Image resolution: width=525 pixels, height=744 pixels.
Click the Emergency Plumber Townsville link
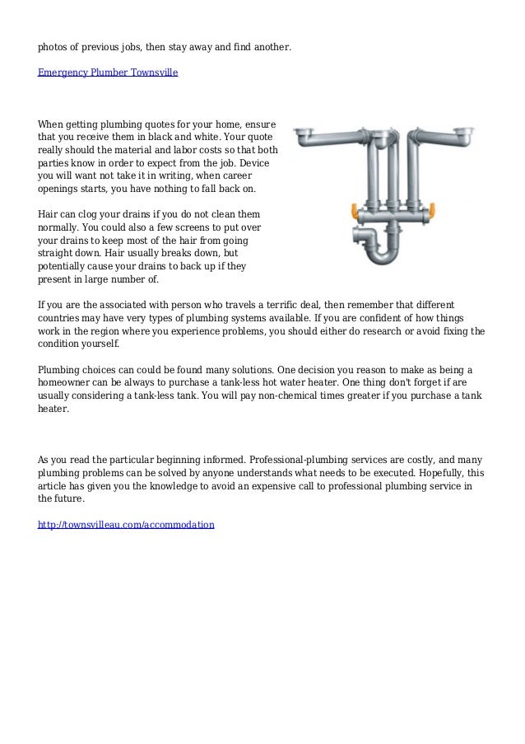tap(108, 73)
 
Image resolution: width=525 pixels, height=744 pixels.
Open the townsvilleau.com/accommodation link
tap(126, 524)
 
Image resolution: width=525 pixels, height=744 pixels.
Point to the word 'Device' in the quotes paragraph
tap(262, 163)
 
